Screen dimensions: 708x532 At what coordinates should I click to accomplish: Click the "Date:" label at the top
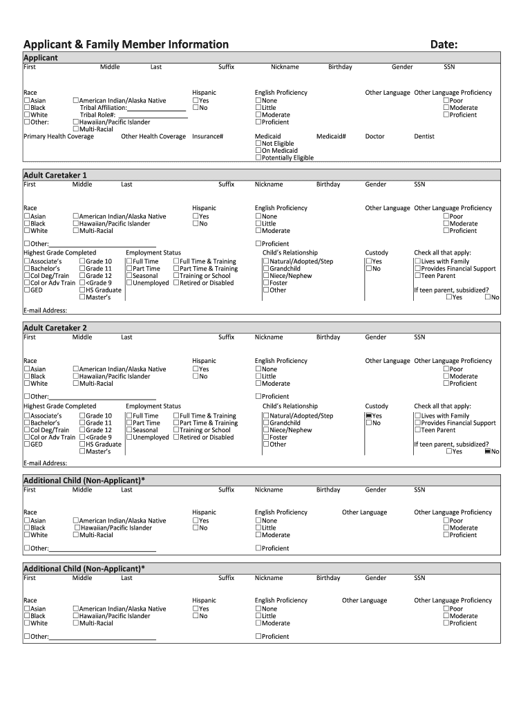tap(444, 45)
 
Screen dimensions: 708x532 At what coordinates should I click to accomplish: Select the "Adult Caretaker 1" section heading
tap(55, 175)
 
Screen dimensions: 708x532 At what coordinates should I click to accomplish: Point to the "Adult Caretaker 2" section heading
tap(55, 328)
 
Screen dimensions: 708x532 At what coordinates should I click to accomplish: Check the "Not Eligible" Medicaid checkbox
tap(258, 144)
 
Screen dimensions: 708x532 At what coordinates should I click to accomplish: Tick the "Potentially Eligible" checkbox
tap(258, 158)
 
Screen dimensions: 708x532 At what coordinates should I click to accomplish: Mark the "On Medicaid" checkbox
tap(258, 151)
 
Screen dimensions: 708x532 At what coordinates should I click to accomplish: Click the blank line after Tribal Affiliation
tap(157, 108)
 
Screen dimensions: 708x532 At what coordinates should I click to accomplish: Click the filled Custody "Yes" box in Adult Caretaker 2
tap(369, 416)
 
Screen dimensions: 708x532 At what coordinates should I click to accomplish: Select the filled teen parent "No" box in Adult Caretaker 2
tap(488, 451)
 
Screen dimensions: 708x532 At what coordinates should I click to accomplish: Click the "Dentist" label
tap(424, 136)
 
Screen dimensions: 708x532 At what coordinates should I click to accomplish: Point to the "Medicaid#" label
tap(331, 136)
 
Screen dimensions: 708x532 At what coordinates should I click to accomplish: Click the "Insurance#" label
tap(208, 136)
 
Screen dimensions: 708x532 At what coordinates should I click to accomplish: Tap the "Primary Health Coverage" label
tap(59, 136)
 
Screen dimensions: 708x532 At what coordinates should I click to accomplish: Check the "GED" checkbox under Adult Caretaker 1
tap(27, 290)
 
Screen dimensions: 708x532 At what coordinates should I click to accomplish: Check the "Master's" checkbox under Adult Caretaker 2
tap(83, 451)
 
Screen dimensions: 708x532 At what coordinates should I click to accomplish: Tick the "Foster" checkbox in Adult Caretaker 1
tap(266, 283)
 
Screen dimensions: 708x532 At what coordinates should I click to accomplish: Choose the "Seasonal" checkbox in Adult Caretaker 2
tap(129, 430)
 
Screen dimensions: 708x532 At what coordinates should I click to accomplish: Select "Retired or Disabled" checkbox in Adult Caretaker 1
tap(176, 283)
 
